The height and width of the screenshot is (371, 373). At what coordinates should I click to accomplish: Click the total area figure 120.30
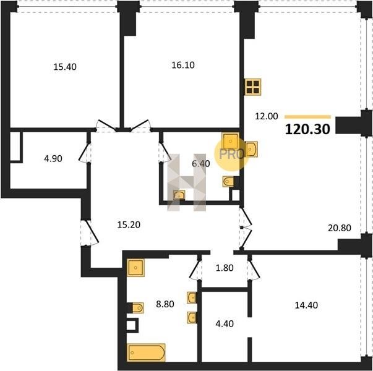(307, 129)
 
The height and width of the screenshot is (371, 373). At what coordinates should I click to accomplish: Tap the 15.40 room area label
(65, 67)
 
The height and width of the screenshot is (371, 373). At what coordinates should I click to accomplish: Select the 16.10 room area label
(183, 65)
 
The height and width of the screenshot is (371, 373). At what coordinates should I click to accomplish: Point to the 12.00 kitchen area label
(267, 116)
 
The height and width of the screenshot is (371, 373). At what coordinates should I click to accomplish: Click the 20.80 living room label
(340, 228)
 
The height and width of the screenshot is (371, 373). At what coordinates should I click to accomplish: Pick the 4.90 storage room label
(53, 158)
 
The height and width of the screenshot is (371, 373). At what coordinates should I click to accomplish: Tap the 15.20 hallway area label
(129, 224)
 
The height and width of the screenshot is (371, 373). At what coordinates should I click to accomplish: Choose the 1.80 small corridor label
(225, 268)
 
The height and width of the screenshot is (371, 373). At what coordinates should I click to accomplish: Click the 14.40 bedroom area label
(306, 305)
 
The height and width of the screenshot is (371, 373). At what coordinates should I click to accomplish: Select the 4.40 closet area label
(225, 323)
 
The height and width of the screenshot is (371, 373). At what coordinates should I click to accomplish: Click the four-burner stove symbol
(253, 87)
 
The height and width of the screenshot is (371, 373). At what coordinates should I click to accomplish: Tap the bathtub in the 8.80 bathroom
(147, 352)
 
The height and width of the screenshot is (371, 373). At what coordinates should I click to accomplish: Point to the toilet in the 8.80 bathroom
(137, 308)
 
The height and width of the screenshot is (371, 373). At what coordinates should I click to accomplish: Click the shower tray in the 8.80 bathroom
(135, 268)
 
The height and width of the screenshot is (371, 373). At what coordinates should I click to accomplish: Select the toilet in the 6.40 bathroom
(228, 182)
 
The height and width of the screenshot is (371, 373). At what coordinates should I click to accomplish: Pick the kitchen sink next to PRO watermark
(251, 149)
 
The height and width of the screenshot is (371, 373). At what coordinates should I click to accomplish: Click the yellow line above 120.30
(307, 117)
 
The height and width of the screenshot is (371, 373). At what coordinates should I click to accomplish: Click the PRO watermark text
(231, 155)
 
